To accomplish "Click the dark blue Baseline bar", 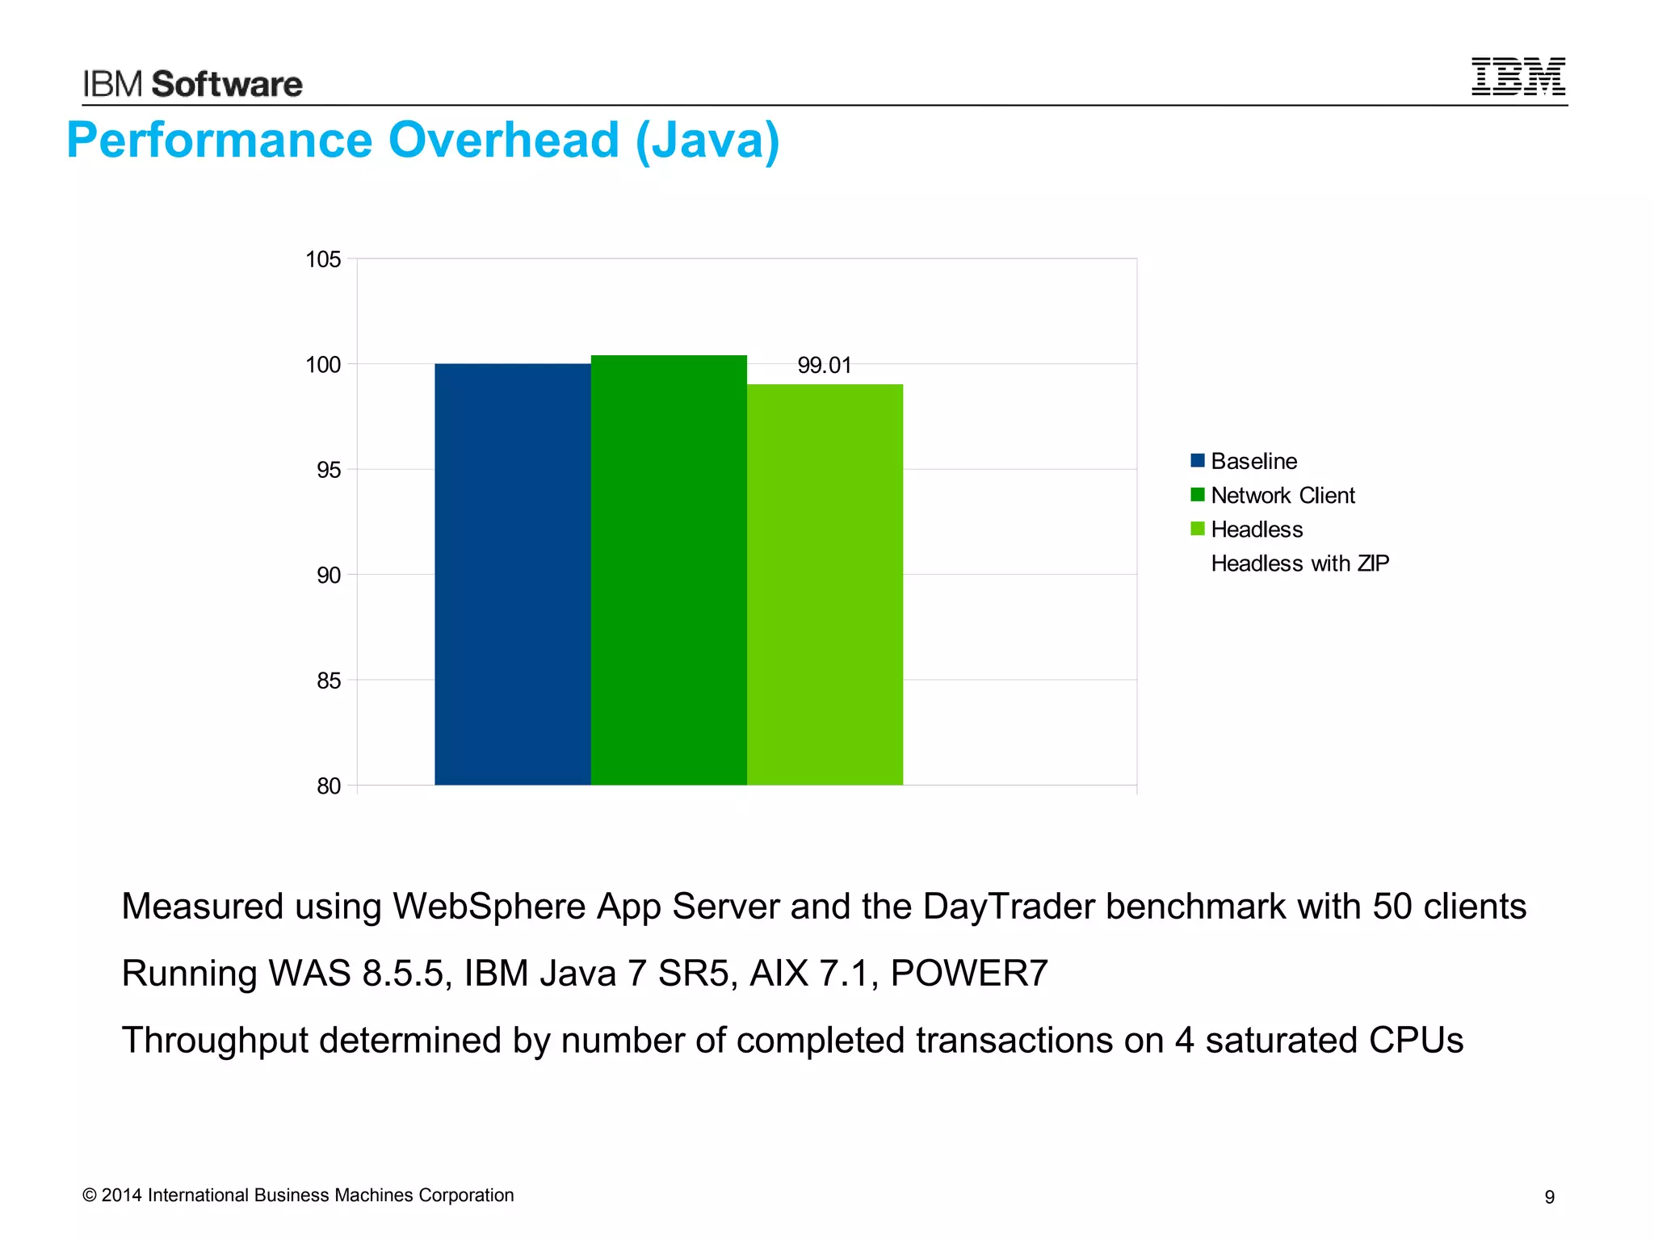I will (513, 574).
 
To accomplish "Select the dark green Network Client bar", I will (669, 570).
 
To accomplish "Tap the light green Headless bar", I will (825, 584).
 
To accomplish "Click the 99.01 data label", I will (825, 366).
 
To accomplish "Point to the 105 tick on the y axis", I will (323, 259).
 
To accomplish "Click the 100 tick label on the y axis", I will (323, 365).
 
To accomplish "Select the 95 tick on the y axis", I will (329, 470).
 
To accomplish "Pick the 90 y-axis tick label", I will (329, 576).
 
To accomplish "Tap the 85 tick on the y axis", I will (329, 681).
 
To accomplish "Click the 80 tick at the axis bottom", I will (329, 786).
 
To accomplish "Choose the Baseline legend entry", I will (1253, 461).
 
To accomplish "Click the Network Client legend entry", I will (1282, 496).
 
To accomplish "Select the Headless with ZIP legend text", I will (1299, 563).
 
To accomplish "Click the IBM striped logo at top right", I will (1518, 77).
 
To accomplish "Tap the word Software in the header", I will (227, 85).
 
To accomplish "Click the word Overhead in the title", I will (503, 140).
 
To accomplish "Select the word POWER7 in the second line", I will (969, 974).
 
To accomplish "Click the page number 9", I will (1549, 1197).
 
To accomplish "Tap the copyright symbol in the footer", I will (90, 1196).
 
